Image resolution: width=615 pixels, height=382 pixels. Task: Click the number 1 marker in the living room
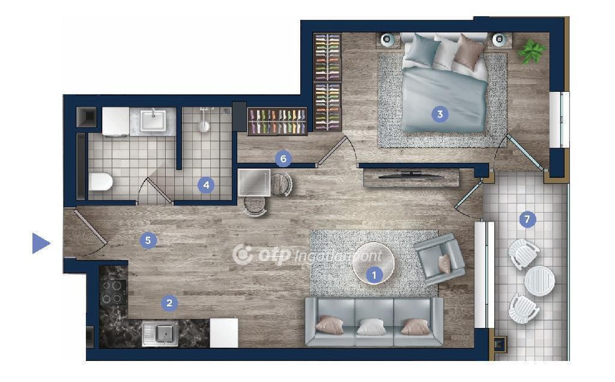tap(374, 275)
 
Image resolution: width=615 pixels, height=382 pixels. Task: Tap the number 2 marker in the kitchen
tap(169, 303)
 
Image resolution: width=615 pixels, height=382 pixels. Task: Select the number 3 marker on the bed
tap(440, 114)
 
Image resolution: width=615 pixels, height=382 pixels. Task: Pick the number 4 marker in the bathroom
tap(206, 185)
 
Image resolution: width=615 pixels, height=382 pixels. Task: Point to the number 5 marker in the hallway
tap(148, 240)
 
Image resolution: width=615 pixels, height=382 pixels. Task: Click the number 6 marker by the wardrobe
tap(283, 159)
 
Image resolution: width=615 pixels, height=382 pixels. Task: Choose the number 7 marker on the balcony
tap(527, 219)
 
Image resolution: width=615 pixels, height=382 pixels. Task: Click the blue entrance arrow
tap(40, 243)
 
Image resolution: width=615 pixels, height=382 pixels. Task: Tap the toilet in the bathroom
tap(100, 181)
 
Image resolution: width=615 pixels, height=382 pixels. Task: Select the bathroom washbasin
tap(153, 120)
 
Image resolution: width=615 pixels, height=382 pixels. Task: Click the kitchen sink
tap(160, 334)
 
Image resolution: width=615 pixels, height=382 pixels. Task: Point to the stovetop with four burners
tap(113, 292)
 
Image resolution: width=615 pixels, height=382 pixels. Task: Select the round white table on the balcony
tap(539, 281)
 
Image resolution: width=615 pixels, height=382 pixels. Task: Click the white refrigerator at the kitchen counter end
tap(224, 333)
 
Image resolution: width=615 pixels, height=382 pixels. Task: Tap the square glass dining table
tap(254, 183)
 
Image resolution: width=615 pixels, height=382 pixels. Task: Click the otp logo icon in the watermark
tap(243, 255)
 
